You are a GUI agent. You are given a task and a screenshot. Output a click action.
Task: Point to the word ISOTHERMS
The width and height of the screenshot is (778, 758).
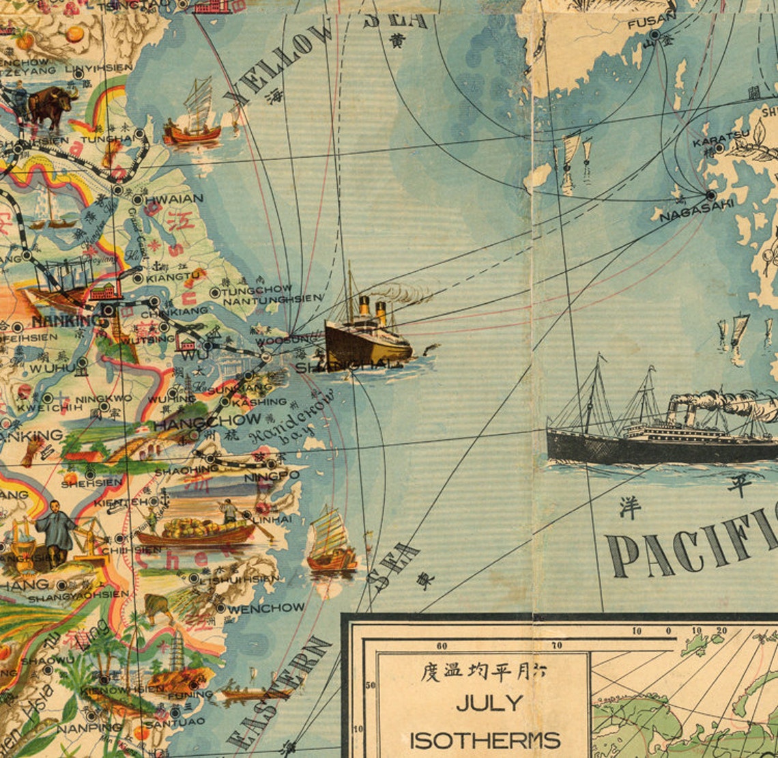pyautogui.click(x=485, y=740)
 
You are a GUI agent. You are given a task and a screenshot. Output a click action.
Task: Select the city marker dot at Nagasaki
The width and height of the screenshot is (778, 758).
pyautogui.click(x=711, y=195)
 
